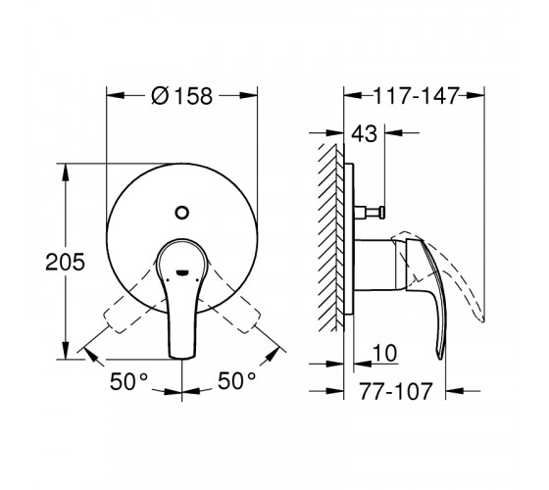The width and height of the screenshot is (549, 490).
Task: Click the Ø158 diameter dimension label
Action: click(x=181, y=96)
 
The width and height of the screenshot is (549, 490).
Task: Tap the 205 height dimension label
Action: click(x=65, y=262)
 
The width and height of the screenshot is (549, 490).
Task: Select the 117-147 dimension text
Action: click(x=417, y=96)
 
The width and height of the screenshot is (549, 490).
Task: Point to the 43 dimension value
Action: click(x=364, y=133)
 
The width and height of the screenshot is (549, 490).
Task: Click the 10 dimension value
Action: click(x=384, y=353)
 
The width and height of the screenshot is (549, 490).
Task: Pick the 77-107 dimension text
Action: click(x=396, y=391)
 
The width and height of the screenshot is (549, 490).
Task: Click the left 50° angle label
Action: click(x=129, y=381)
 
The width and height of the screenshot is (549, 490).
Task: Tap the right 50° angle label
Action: click(x=237, y=380)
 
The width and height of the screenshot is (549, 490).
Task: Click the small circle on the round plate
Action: click(x=182, y=213)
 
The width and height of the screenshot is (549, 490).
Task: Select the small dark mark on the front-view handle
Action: click(x=182, y=272)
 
